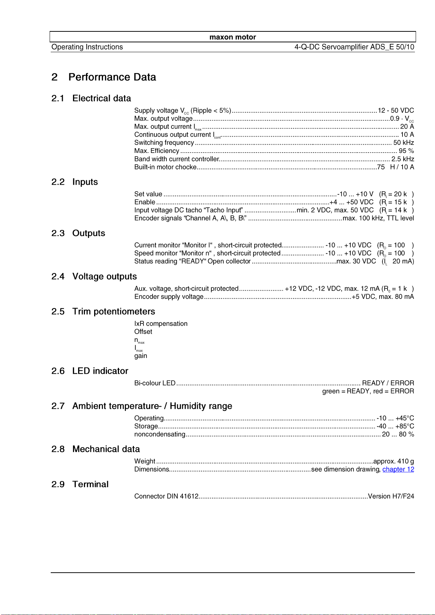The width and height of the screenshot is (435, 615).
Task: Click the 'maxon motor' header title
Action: (232, 37)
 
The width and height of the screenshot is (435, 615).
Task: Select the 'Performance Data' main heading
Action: (112, 77)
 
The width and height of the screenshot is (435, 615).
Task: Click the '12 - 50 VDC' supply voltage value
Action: (396, 111)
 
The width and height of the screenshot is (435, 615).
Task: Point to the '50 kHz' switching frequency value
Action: (403, 143)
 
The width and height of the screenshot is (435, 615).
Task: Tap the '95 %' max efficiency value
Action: (406, 151)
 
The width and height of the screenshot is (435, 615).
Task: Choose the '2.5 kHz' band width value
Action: (403, 159)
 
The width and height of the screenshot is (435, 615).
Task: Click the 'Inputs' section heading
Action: (85, 182)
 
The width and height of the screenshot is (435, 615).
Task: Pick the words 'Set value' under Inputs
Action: (148, 194)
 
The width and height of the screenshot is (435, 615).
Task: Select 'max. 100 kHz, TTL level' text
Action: (378, 218)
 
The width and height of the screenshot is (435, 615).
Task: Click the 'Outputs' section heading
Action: (89, 233)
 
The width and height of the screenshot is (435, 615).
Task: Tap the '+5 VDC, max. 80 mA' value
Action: (382, 297)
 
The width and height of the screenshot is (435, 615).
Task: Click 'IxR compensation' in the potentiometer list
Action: (161, 324)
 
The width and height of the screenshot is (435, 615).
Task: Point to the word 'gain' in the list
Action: (141, 356)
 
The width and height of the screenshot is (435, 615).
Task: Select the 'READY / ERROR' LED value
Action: (388, 383)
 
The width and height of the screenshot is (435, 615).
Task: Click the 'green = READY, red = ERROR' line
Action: (368, 391)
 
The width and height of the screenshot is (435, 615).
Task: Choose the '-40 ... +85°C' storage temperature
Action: (395, 426)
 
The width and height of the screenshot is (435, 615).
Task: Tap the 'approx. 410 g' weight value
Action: (393, 461)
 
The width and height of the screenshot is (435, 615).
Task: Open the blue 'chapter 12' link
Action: (398, 469)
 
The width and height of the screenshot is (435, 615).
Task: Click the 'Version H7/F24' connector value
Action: (391, 496)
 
